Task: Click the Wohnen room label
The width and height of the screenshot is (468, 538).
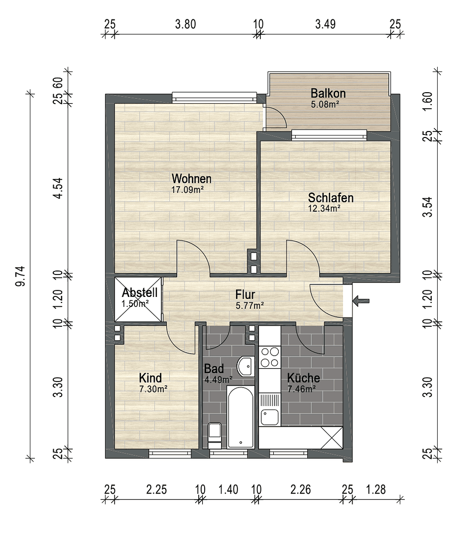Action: [x=191, y=179]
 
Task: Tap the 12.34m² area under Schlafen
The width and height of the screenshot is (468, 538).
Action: [x=324, y=209]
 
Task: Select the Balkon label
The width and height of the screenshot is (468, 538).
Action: [x=328, y=93]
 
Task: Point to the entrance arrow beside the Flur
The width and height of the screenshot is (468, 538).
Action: [x=361, y=300]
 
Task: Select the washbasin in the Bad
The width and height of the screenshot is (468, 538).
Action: [x=245, y=367]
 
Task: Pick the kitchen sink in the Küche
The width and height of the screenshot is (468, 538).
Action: [x=269, y=416]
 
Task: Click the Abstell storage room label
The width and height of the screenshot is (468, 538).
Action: [x=139, y=293]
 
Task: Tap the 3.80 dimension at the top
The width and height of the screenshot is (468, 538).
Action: [x=185, y=24]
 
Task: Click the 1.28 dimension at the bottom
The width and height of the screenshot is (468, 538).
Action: [x=375, y=490]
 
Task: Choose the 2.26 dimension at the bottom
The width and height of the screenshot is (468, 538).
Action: [x=301, y=490]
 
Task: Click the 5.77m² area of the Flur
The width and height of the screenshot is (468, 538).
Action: [x=249, y=306]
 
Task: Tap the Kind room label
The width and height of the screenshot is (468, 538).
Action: [x=150, y=378]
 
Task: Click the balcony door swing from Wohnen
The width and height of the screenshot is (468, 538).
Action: [x=275, y=118]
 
